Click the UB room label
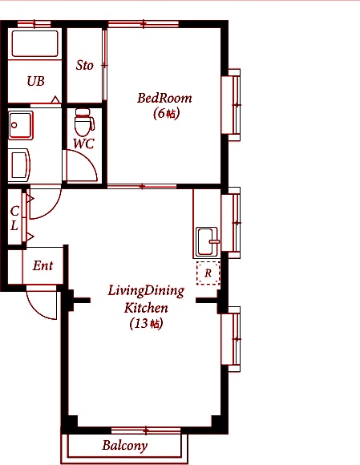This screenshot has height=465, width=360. (35, 81)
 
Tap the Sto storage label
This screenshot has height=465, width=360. (84, 65)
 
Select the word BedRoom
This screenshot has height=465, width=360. (164, 98)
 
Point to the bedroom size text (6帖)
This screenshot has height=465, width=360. (166, 113)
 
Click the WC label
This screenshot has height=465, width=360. (84, 144)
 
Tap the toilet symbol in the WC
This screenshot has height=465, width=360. (84, 122)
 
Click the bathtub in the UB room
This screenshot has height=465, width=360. (34, 43)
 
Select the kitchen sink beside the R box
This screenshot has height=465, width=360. (208, 241)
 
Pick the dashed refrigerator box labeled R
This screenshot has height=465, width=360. (208, 273)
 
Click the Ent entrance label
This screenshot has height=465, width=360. (43, 265)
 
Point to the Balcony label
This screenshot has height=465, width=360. (125, 446)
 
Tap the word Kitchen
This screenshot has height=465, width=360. (146, 308)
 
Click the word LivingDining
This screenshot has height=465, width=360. (146, 291)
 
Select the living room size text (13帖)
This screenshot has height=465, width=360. (147, 324)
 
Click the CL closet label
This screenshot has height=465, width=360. (14, 219)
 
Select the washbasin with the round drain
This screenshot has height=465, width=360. (20, 125)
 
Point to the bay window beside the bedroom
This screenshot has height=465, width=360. (231, 105)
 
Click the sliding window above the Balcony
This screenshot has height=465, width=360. (146, 431)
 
